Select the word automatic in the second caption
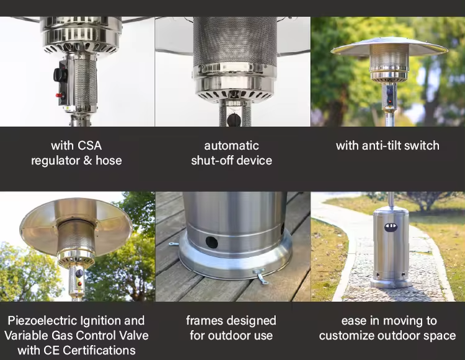(231, 146)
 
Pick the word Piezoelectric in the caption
(43, 321)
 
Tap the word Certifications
(99, 351)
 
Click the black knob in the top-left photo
(60, 75)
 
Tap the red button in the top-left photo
(60, 95)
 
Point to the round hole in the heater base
(212, 242)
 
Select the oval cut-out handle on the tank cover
(391, 227)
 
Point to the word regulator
(55, 160)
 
